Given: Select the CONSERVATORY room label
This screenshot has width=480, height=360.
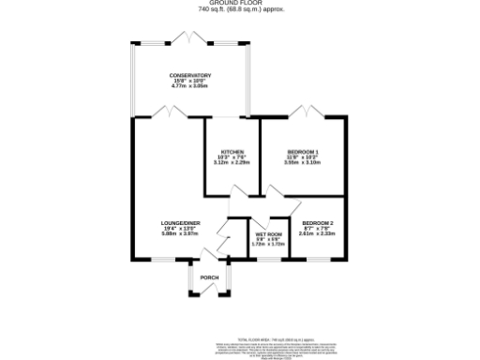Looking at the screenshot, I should point(189,75).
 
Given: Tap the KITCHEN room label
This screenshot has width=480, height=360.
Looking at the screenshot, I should point(232,152).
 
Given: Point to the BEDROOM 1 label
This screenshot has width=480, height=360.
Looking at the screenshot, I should point(302,152).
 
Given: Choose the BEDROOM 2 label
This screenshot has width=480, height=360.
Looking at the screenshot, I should point(318,222).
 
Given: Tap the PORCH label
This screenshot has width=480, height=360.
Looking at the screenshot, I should point(209,277).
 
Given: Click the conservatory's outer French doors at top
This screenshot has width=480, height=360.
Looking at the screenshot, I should point(190,37).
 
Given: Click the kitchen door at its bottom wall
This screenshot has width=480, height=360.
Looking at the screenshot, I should point(241,192).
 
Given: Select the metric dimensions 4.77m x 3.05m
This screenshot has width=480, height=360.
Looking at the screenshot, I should point(189,85).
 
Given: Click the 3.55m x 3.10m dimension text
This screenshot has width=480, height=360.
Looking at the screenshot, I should point(302,163).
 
